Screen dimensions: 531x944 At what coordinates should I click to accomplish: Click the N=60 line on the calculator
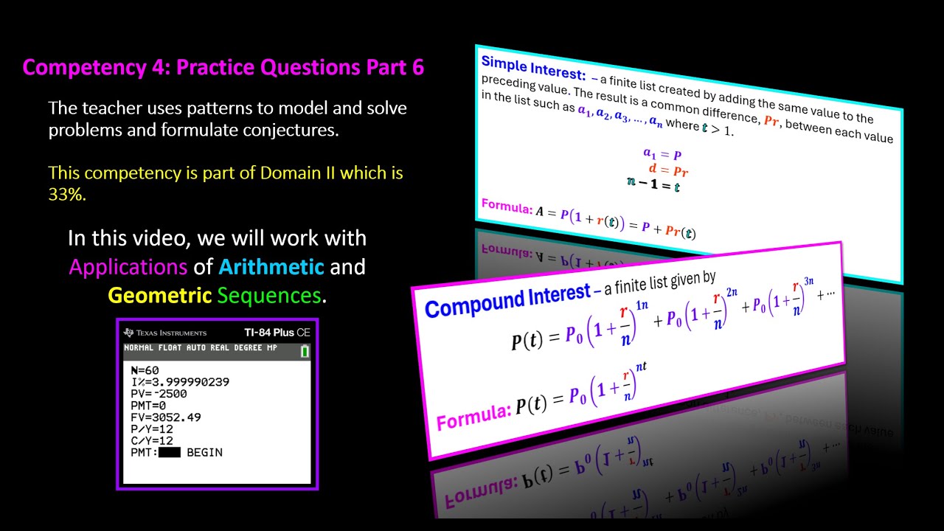(x=145, y=370)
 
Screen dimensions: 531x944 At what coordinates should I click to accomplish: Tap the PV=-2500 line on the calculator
(x=159, y=394)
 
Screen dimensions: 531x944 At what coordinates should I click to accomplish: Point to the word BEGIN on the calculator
(x=204, y=452)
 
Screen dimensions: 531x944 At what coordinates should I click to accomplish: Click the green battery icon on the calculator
(x=305, y=352)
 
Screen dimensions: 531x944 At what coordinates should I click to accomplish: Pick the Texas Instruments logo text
(x=166, y=333)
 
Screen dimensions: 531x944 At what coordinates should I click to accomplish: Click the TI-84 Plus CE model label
(x=277, y=333)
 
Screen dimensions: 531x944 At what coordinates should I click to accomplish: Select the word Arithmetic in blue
(x=271, y=266)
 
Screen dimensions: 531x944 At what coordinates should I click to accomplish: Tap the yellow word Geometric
(x=160, y=296)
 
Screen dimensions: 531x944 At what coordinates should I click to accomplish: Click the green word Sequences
(x=269, y=296)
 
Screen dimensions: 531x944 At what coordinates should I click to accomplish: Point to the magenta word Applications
(x=128, y=266)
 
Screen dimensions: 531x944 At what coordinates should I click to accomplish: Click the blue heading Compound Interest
(x=507, y=298)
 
